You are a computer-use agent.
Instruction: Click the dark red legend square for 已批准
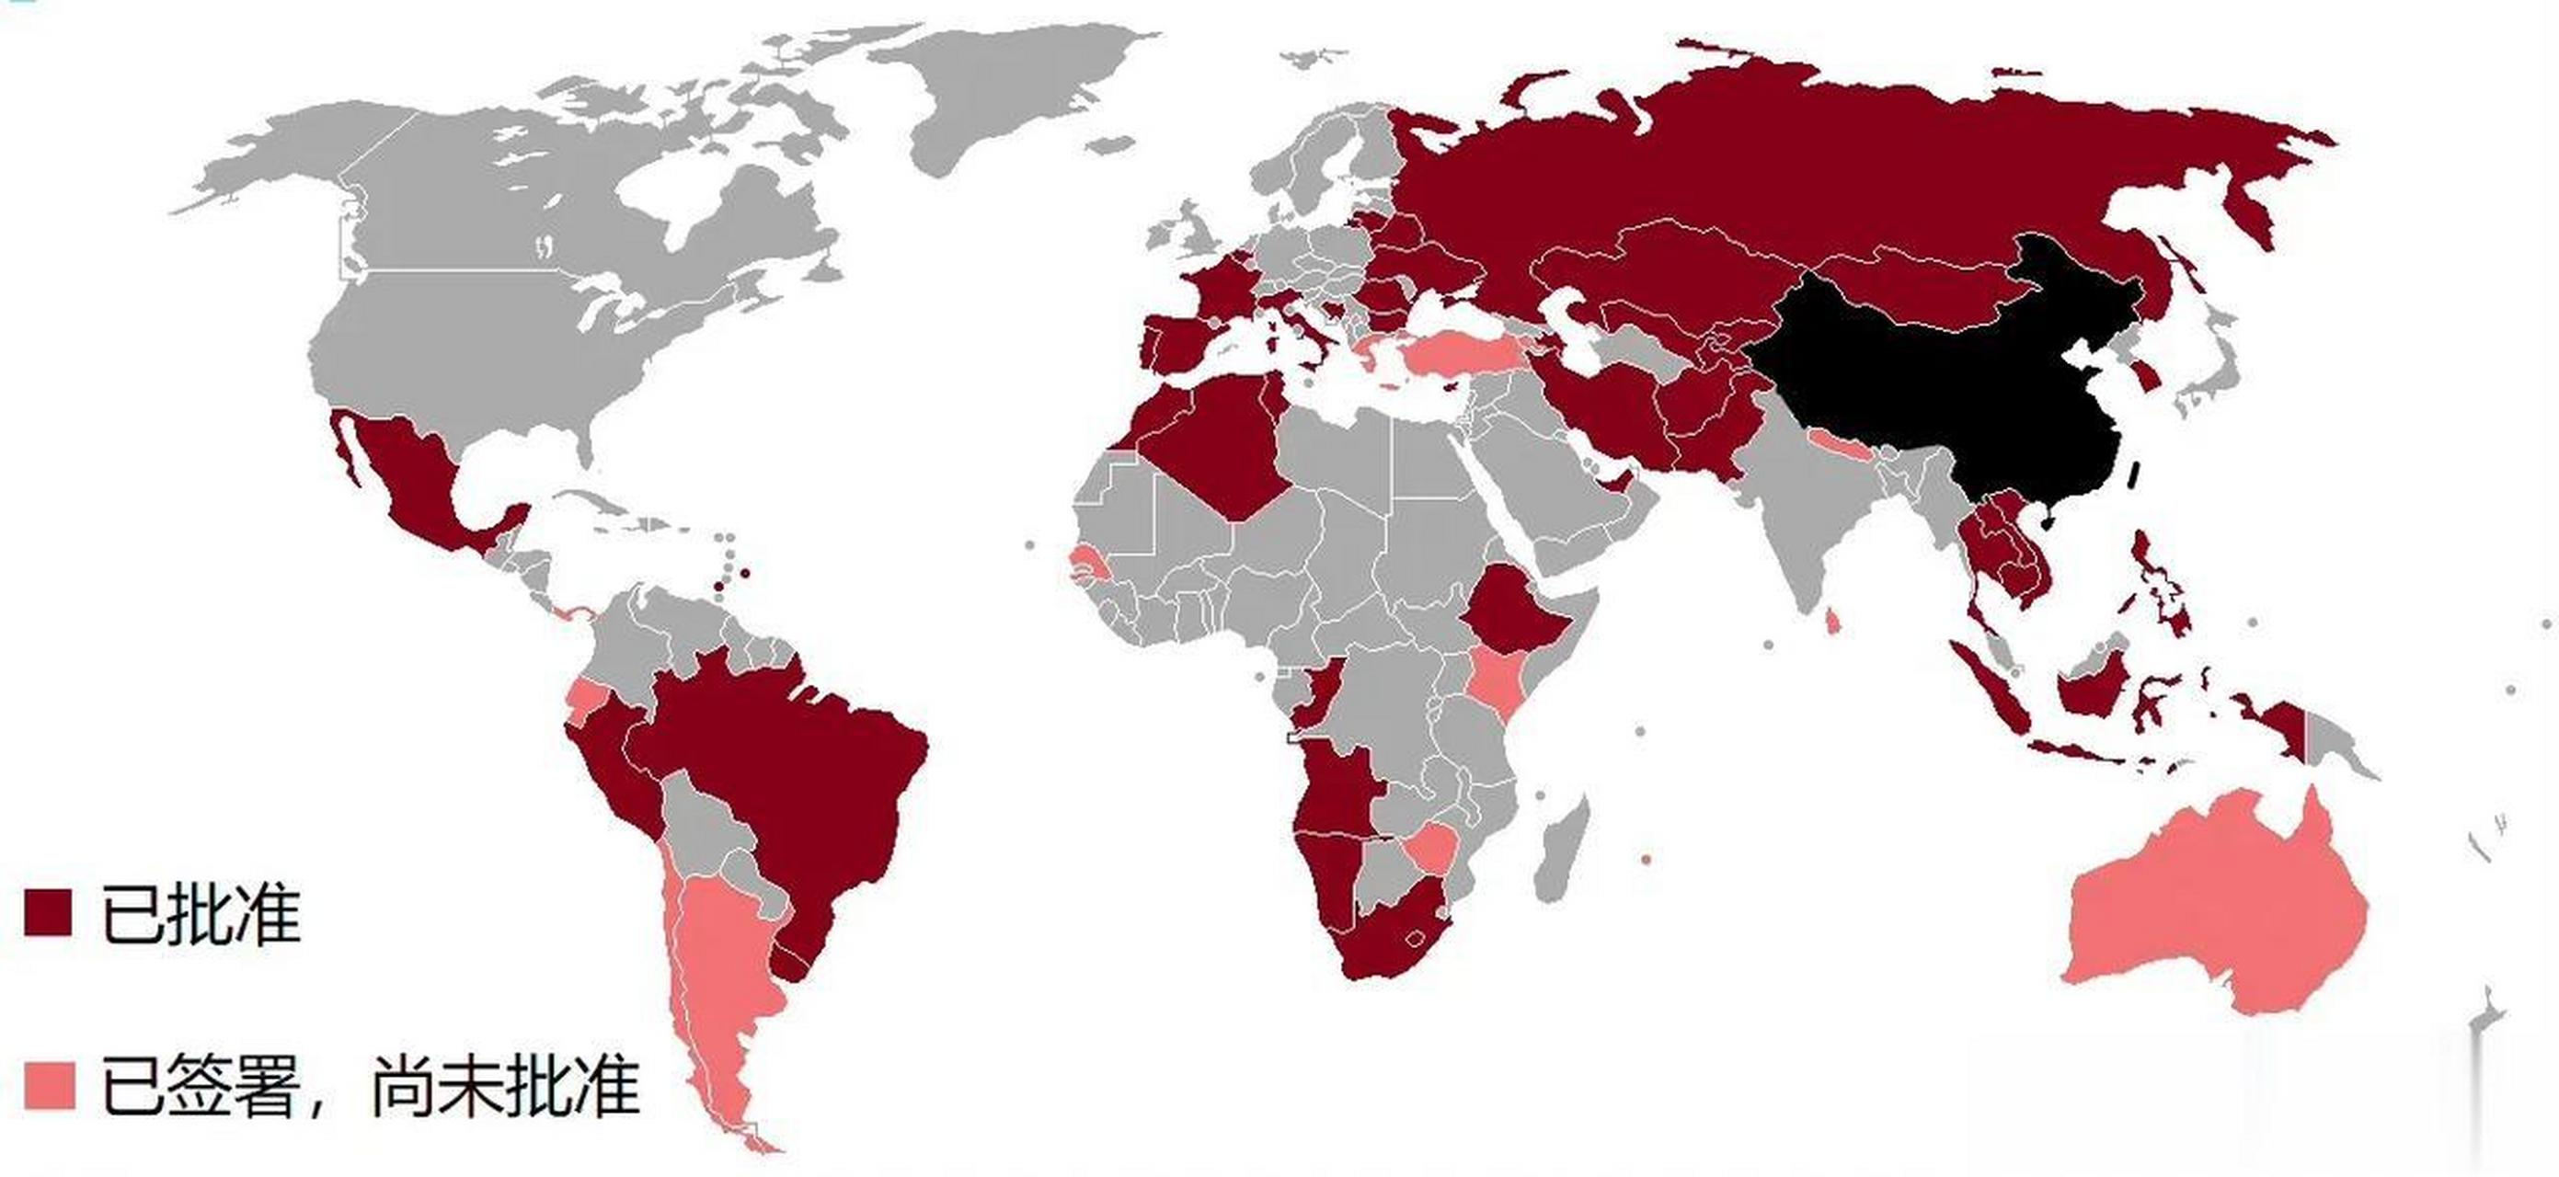(48, 912)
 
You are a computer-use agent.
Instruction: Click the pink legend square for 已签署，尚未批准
(49, 1085)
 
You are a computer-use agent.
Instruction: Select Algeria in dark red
(1212, 437)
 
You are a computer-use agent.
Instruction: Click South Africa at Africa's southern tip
(1391, 943)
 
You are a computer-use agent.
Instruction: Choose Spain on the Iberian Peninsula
(1188, 343)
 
